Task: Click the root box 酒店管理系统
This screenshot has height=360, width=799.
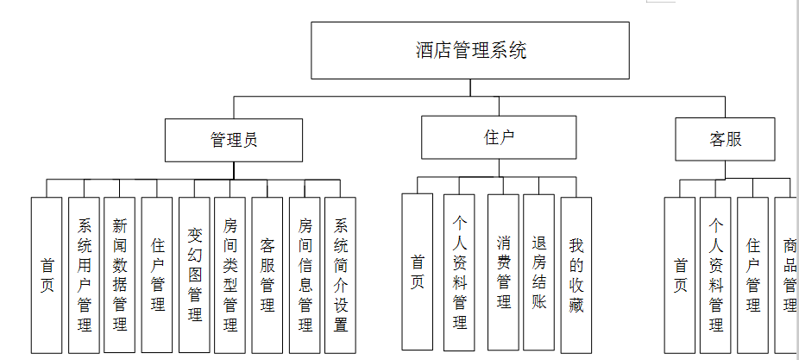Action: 469,50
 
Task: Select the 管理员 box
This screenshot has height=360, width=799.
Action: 234,140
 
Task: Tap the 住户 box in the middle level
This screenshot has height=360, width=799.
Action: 499,137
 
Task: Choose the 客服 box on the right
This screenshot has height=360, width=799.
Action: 725,140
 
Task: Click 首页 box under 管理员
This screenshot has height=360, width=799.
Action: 47,275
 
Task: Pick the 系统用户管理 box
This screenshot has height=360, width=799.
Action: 85,275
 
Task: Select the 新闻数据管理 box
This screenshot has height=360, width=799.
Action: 120,275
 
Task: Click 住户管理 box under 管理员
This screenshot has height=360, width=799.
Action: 157,275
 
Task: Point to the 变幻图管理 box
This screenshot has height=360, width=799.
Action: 194,275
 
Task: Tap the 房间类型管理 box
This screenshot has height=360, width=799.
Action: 230,275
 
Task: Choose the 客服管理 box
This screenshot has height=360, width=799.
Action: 267,275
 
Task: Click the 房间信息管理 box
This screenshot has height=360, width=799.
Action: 305,275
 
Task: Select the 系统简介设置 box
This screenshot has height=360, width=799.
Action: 341,275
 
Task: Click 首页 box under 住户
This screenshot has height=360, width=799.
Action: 418,271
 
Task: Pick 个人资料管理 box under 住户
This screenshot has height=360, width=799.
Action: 459,271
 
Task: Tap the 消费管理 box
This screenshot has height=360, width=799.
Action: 503,271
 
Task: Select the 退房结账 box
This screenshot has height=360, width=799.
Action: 539,271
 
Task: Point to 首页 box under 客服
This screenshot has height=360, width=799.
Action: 680,275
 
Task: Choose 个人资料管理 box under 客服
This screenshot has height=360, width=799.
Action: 715,275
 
